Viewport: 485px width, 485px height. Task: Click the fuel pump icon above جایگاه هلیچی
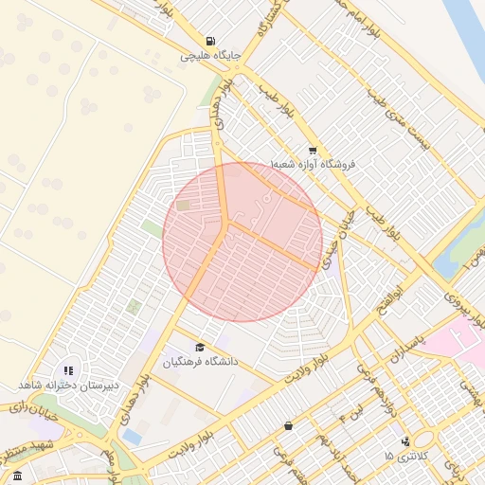tap(209, 41)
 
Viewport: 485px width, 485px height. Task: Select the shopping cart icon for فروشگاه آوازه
tap(313, 151)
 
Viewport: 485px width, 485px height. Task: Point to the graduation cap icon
tap(200, 348)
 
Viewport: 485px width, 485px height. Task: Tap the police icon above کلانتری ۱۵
tap(406, 441)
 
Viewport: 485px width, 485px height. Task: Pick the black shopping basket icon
tap(288, 426)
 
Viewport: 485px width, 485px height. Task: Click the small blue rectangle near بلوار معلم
tap(132, 437)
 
